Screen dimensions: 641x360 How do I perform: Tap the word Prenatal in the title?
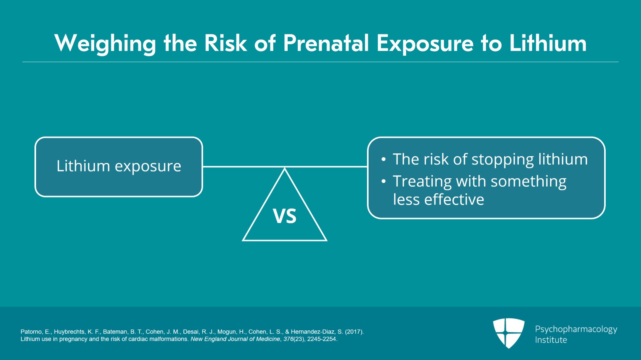pyautogui.click(x=326, y=43)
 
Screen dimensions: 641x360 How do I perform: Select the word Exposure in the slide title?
pyautogui.click(x=425, y=44)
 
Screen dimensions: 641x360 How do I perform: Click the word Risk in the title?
pyautogui.click(x=226, y=43)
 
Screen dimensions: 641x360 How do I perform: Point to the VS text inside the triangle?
pyautogui.click(x=284, y=216)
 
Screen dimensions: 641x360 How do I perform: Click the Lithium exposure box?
pyautogui.click(x=119, y=167)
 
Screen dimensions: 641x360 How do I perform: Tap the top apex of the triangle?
pyautogui.click(x=284, y=169)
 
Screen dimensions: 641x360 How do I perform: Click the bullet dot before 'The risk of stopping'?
pyautogui.click(x=383, y=159)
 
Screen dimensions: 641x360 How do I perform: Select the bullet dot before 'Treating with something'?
pyautogui.click(x=383, y=181)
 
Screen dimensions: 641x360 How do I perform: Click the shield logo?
pyautogui.click(x=509, y=333)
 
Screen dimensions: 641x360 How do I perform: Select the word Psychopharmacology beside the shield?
pyautogui.click(x=576, y=330)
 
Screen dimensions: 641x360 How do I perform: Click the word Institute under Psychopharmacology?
pyautogui.click(x=551, y=340)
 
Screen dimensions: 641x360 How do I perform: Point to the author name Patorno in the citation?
pyautogui.click(x=31, y=332)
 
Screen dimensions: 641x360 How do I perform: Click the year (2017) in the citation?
pyautogui.click(x=354, y=332)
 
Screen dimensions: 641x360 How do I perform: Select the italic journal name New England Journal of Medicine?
pyautogui.click(x=235, y=340)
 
